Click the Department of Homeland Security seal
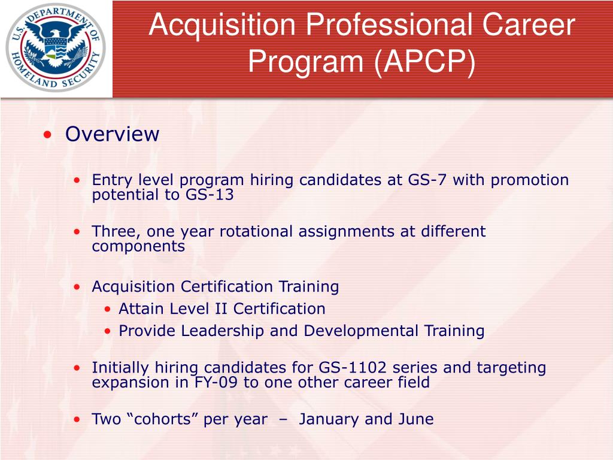coord(56,47)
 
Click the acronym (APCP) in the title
coord(423,62)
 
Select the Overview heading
coord(112,134)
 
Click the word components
coord(138,246)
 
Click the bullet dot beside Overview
coord(48,135)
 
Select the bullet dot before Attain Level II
coord(107,310)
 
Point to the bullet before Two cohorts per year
coord(78,420)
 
